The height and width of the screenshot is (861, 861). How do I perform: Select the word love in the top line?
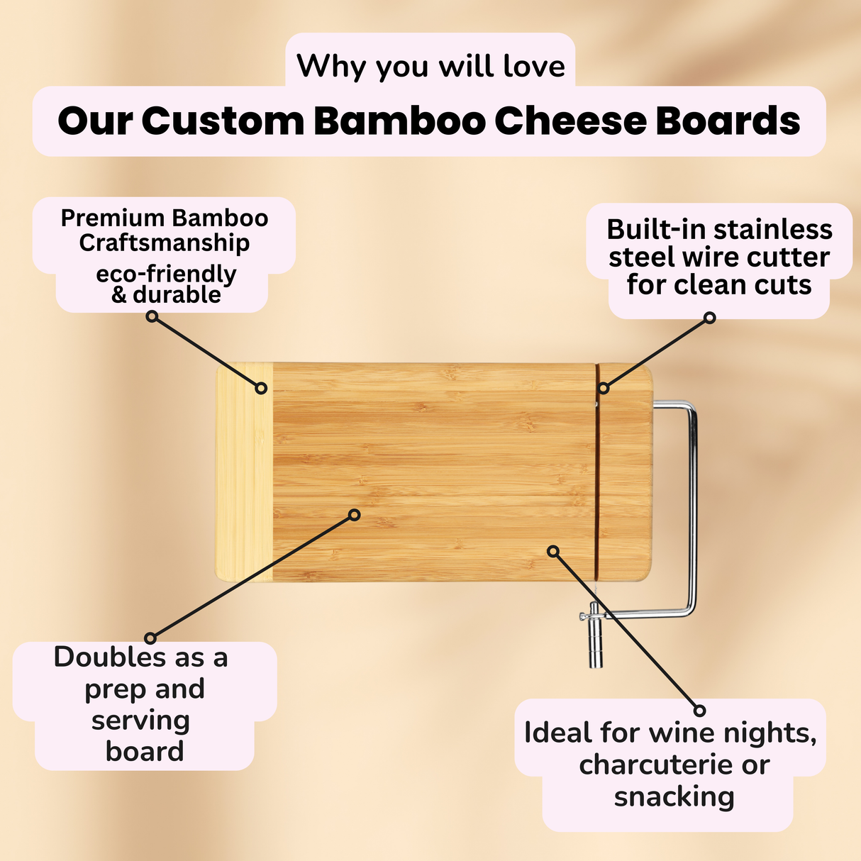[x=534, y=66]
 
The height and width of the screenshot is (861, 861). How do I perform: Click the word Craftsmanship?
[x=165, y=243]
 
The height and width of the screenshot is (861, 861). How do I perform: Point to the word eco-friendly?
[x=166, y=273]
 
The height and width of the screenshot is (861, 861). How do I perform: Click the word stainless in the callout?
[x=773, y=230]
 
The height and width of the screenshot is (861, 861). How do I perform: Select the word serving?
[x=140, y=721]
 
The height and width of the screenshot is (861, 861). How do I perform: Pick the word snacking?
[x=674, y=796]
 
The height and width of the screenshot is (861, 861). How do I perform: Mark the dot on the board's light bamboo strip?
[x=261, y=388]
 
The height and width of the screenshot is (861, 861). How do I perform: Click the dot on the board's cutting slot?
[x=603, y=388]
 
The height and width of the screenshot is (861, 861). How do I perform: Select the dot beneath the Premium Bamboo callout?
[x=152, y=317]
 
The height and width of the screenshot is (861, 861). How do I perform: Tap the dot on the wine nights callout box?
[x=699, y=710]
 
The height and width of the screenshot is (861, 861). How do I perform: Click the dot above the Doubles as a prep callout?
[x=150, y=638]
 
